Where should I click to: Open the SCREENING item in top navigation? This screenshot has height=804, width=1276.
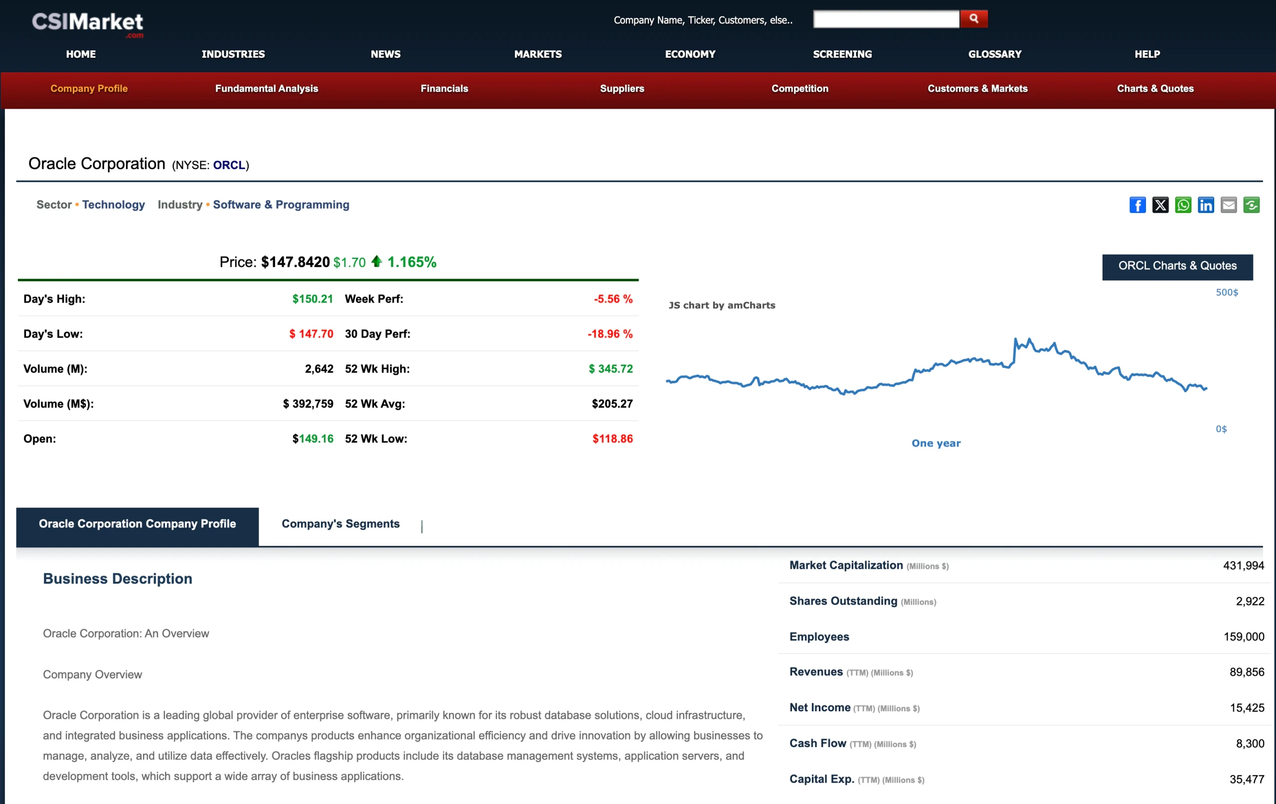point(842,54)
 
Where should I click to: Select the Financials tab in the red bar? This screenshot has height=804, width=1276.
point(444,89)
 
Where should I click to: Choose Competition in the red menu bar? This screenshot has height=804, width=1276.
point(799,89)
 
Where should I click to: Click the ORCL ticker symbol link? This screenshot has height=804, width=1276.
point(229,165)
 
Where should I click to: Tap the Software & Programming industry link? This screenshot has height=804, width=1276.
point(281,204)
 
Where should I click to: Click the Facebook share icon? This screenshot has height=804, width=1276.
point(1137,205)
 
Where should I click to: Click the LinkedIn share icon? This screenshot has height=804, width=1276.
point(1206,205)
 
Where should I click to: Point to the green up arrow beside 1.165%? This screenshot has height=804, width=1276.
point(376,261)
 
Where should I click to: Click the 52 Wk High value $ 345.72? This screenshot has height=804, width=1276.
point(611,369)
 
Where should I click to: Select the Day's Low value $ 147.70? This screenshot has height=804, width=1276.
point(311,334)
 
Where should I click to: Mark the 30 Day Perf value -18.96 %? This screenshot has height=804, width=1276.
point(610,334)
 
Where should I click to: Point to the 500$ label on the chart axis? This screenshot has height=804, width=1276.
point(1226,293)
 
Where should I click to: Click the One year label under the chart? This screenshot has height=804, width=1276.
point(935,444)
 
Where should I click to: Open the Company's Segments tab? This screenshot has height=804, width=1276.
point(340,524)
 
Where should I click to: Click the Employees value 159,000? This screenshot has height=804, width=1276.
point(1243,637)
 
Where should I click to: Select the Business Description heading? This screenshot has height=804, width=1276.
point(118,579)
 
